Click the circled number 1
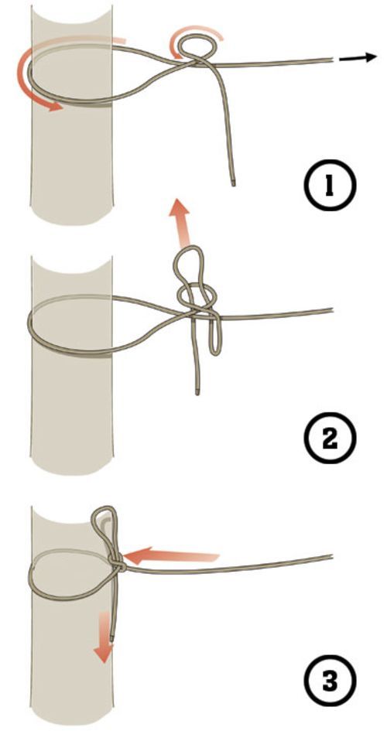pyautogui.click(x=330, y=185)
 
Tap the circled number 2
pyautogui.click(x=330, y=439)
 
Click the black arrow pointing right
pyautogui.click(x=358, y=58)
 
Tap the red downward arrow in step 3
pyautogui.click(x=105, y=637)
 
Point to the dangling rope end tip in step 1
pyautogui.click(x=232, y=183)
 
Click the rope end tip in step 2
pyautogui.click(x=197, y=392)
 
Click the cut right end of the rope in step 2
pyautogui.click(x=331, y=309)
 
